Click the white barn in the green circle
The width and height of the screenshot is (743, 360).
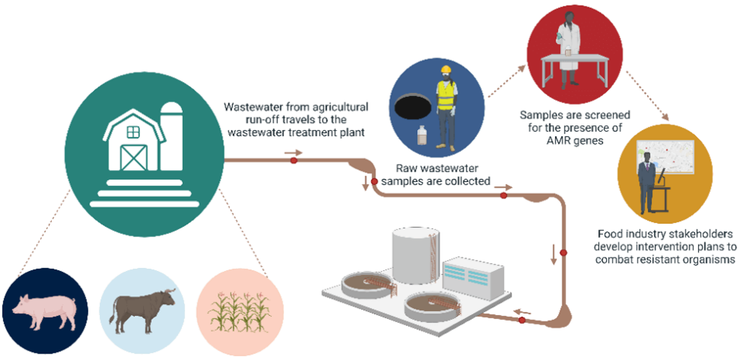coord(136,139)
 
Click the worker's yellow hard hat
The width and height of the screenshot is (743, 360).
coord(445,71)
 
